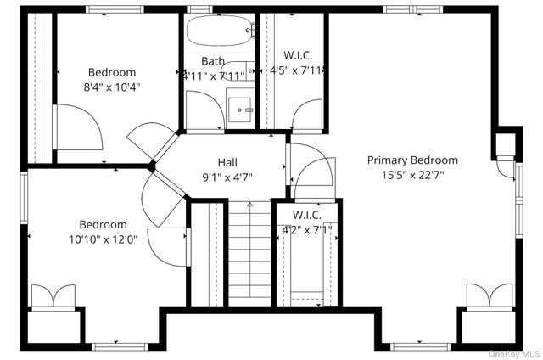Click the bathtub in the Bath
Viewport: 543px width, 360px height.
click(220, 32)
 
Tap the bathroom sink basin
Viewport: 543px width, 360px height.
click(241, 109)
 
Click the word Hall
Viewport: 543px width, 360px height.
click(227, 162)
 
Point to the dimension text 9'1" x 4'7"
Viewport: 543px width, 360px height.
click(227, 177)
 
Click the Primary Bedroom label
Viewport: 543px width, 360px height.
click(412, 160)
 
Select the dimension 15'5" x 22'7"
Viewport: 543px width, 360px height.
click(412, 175)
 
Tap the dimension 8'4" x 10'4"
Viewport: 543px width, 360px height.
click(111, 87)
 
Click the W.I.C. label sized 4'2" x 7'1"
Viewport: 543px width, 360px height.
click(306, 216)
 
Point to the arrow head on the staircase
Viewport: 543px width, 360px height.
click(249, 205)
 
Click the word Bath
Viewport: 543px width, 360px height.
click(213, 61)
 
